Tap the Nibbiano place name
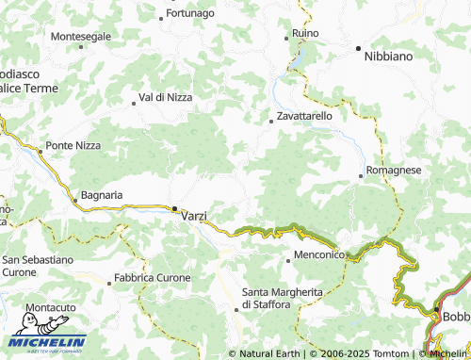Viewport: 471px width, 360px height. pos(388,57)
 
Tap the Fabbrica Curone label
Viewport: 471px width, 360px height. pos(152,279)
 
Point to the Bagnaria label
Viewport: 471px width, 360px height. pos(103,194)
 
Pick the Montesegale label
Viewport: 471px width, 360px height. pos(80,36)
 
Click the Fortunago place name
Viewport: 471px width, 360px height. pos(191,14)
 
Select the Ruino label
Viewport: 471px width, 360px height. pos(306,33)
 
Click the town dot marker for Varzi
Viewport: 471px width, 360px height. pos(174,208)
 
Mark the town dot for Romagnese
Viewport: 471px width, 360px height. pos(361,175)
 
